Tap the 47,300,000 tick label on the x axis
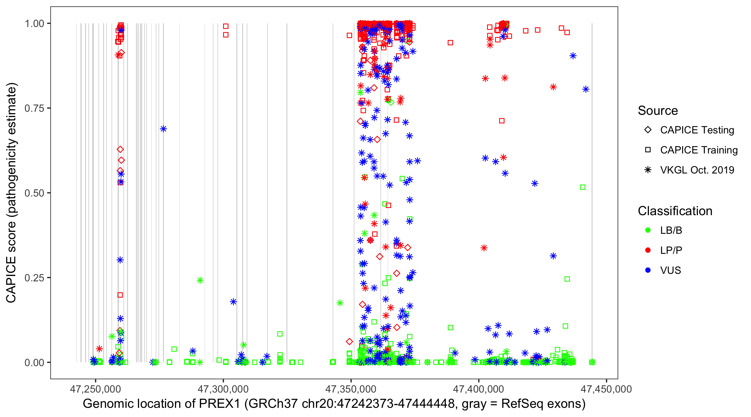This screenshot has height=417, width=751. point(223,389)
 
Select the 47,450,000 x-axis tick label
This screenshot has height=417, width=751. point(606,389)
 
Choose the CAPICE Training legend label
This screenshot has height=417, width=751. point(699,150)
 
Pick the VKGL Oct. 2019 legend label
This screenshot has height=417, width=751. point(697,170)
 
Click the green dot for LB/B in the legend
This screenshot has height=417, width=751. point(648,230)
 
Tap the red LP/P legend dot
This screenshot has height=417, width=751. point(648,250)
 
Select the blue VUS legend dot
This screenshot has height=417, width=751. point(648,270)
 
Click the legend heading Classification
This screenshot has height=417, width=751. point(675,211)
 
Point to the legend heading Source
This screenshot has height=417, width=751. point(658,111)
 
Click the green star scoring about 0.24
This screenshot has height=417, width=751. point(200,280)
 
